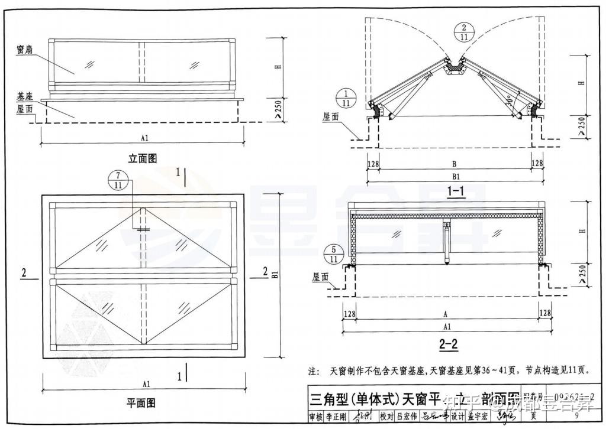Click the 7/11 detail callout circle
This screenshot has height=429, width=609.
118,181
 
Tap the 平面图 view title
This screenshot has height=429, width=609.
141,403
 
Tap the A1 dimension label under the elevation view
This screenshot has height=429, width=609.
144,138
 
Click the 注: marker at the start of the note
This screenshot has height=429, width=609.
314,372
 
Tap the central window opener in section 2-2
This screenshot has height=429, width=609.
447,242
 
